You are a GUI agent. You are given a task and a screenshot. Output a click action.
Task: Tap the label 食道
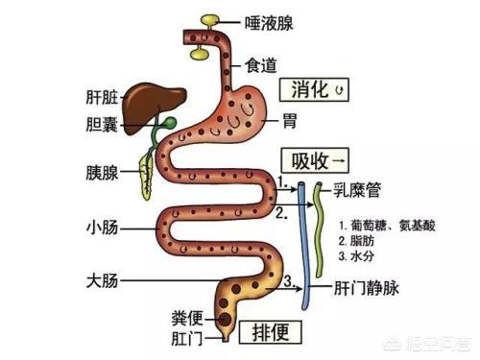(x=261, y=64)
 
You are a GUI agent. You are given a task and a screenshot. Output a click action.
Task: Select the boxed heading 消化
(x=314, y=90)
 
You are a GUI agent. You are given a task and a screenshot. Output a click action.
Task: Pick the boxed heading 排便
(x=273, y=332)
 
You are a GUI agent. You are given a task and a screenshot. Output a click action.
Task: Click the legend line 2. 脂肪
(x=361, y=242)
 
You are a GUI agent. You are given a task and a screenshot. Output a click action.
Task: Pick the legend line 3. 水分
(x=361, y=257)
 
